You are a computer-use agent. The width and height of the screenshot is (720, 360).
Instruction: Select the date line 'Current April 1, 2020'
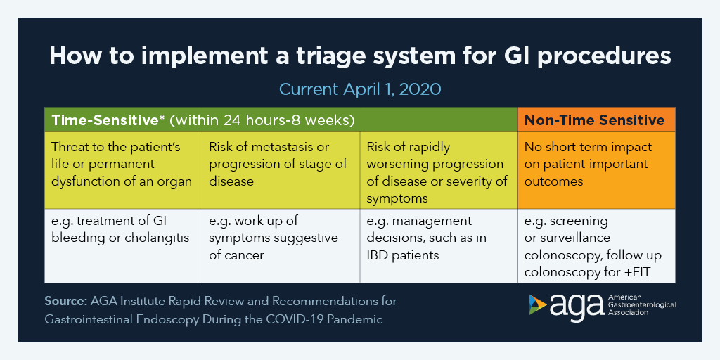[x=359, y=89]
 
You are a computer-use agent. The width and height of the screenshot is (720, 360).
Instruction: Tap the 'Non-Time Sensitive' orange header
[x=596, y=120]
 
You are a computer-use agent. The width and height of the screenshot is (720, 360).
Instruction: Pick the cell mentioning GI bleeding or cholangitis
[x=123, y=229]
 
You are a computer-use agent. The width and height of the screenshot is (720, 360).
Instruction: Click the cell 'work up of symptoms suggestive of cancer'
[x=281, y=238]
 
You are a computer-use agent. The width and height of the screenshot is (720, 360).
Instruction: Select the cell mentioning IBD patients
[x=439, y=238]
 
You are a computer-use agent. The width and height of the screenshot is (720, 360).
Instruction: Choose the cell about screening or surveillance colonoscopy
[x=596, y=245]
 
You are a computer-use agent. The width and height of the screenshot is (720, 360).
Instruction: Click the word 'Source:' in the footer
[x=65, y=301]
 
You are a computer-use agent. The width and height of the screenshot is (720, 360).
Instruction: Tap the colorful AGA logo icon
[x=538, y=304]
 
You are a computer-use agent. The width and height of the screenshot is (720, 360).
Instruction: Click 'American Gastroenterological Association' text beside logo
[x=641, y=305]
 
